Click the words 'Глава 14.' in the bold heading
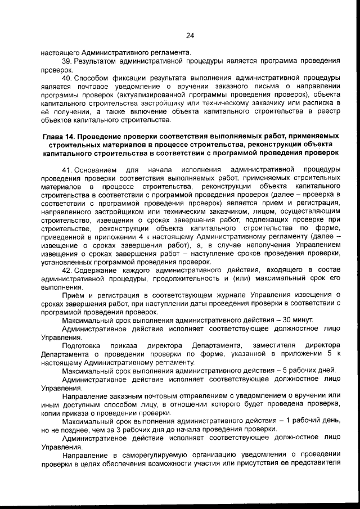(61, 137)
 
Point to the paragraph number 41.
(66, 169)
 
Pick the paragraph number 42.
(66, 270)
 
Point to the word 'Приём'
(73, 295)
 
